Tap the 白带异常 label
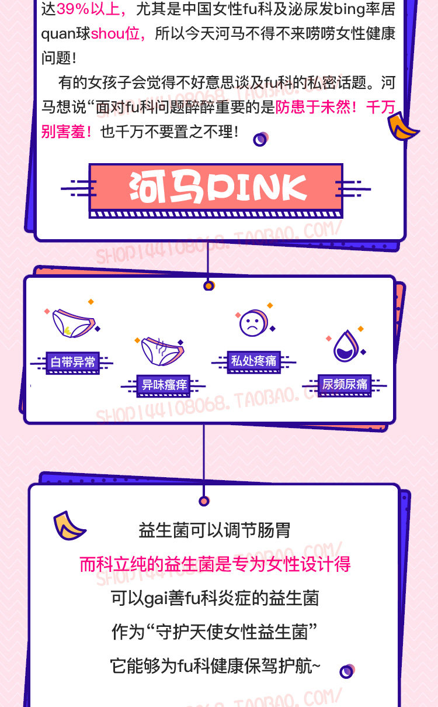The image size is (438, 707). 73,362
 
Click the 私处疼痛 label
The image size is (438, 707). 253,361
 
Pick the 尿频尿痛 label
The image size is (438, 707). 345,384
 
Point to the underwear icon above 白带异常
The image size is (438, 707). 72,323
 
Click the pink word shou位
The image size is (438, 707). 116,33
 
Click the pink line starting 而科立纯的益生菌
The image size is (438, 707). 215,564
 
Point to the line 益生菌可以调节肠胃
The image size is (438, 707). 215,531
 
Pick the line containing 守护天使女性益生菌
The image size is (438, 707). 215,632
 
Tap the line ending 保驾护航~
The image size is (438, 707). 215,666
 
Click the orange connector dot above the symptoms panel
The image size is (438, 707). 208,286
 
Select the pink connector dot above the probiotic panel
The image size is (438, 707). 204,501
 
